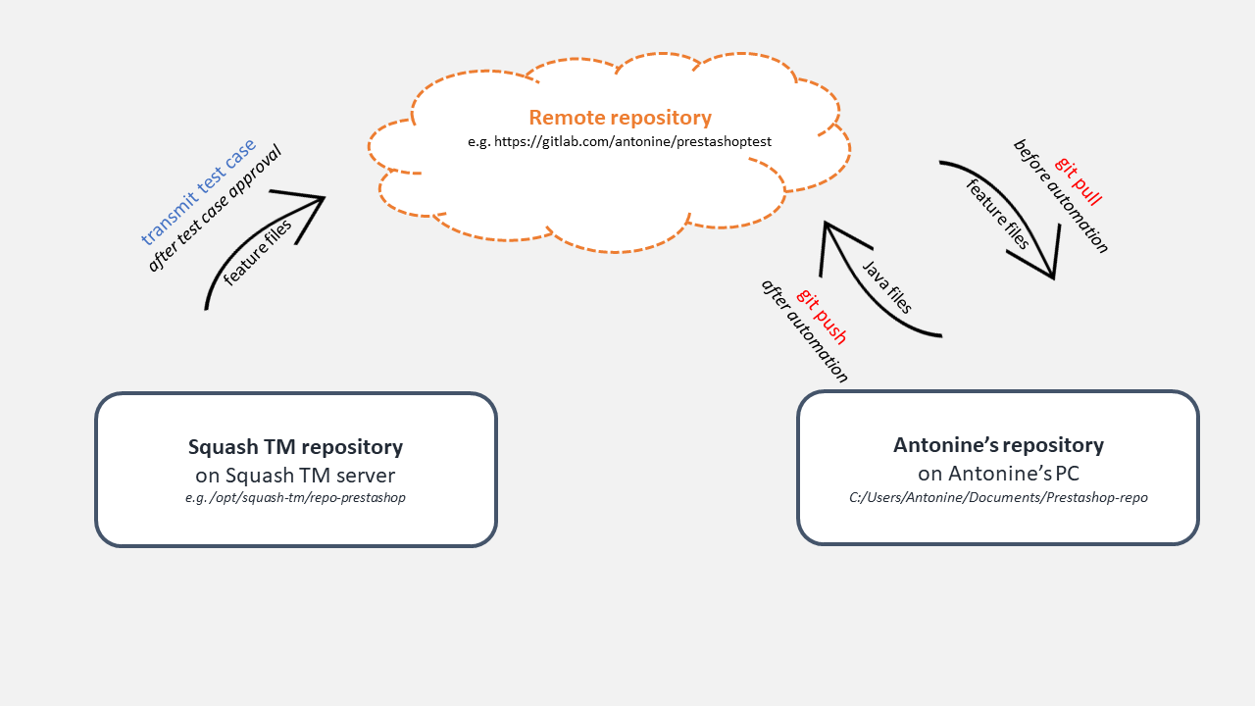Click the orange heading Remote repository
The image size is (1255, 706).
(x=620, y=118)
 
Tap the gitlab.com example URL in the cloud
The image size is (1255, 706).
(x=620, y=141)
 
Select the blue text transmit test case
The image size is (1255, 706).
(x=198, y=191)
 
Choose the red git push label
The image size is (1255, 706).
(x=822, y=316)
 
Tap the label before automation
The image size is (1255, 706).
(x=1061, y=196)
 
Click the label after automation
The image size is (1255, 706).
(x=804, y=330)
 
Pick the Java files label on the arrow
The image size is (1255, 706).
(x=887, y=287)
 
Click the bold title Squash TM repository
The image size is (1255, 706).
(x=295, y=447)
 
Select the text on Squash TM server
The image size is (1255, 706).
(x=295, y=476)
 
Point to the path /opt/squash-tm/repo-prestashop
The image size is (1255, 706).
(x=295, y=497)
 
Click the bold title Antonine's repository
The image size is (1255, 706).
(x=998, y=445)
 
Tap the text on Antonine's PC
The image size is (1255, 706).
(x=998, y=474)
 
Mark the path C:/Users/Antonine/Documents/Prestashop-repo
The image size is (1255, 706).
(x=998, y=497)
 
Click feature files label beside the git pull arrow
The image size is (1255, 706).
(x=997, y=215)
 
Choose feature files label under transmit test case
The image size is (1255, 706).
(x=258, y=253)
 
